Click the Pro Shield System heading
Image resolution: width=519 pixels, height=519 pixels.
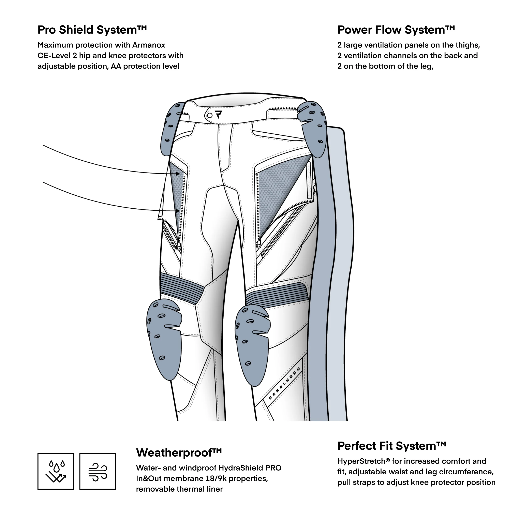[x=92, y=30]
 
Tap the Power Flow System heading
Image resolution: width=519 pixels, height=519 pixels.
[x=396, y=30]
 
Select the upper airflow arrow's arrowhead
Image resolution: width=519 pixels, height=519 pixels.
[x=178, y=174]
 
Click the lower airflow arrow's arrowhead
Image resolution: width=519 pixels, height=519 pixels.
[x=178, y=211]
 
